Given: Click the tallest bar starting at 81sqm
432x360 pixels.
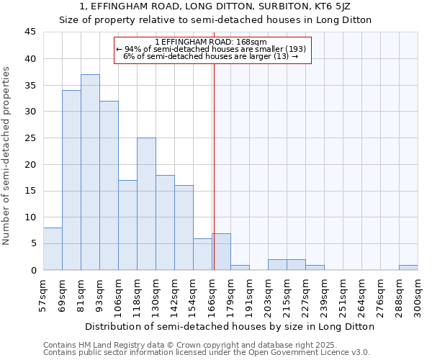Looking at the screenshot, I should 90,172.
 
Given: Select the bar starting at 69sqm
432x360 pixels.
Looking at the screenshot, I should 71,180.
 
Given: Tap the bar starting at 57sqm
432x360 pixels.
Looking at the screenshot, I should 53,248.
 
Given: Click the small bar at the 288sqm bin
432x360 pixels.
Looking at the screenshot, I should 408,267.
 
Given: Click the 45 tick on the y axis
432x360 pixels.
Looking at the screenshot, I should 30,32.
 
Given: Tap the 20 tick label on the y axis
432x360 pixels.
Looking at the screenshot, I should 30,164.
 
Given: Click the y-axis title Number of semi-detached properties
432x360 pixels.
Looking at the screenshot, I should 7,156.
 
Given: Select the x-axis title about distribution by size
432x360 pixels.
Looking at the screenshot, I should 230,326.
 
